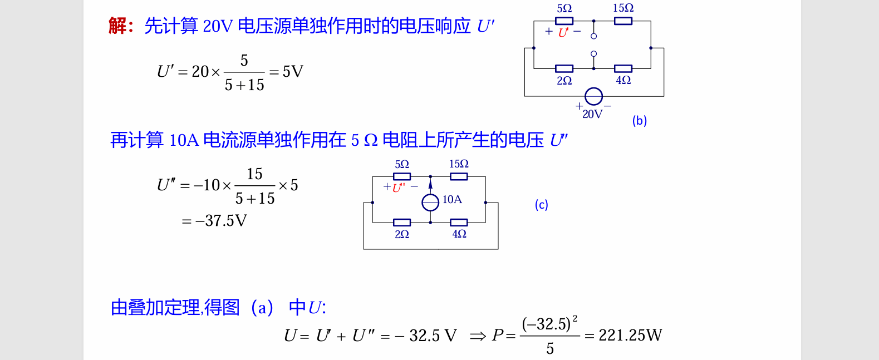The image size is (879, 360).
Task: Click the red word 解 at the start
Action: [117, 26]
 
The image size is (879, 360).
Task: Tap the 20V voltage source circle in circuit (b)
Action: [593, 96]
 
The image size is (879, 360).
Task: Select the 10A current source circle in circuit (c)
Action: [430, 203]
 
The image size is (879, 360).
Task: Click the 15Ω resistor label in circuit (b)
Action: [623, 8]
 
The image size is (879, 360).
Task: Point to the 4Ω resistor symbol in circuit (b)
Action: [623, 68]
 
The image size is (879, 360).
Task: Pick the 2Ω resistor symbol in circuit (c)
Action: [402, 223]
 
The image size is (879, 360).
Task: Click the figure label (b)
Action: [639, 121]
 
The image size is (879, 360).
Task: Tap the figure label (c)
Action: [541, 205]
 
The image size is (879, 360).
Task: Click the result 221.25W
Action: [630, 335]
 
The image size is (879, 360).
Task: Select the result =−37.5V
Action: [214, 221]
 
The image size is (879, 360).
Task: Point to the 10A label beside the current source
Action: [452, 200]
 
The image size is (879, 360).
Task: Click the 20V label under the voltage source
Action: [592, 114]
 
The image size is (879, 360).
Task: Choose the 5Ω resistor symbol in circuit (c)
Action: [402, 176]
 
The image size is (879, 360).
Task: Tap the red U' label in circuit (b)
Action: [563, 32]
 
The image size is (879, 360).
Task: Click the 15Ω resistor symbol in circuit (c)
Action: [459, 176]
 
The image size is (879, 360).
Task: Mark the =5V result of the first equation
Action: [286, 72]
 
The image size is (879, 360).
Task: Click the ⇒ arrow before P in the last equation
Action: [478, 336]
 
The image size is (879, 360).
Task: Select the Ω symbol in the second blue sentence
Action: [371, 140]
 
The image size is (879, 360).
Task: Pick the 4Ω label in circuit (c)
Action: [459, 234]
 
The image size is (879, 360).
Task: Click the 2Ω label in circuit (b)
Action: [564, 81]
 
